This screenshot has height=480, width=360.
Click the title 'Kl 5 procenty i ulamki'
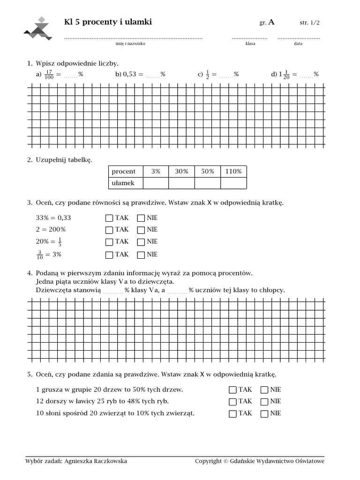pos(108,22)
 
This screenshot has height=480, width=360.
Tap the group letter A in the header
pos(271,22)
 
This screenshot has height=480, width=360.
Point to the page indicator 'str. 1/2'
pos(310,22)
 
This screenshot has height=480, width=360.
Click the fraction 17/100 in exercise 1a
pos(49,75)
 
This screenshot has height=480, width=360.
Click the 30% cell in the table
pos(181,172)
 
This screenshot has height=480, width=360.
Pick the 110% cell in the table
pos(233,172)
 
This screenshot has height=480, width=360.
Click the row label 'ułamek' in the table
pos(123,183)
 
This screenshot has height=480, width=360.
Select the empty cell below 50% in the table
pos(208,183)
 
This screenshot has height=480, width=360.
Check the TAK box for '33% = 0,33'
pos(109,218)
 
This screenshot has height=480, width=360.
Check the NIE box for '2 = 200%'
pos(141,230)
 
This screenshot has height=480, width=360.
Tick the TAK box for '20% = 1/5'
pos(109,242)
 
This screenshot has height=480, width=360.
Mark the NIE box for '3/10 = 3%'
pos(141,255)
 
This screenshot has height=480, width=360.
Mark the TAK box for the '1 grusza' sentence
pos(232,390)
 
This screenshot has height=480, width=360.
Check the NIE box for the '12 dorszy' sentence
pos(264,402)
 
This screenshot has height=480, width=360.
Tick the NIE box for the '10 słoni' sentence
pos(264,413)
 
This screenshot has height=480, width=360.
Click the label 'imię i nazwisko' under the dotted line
pos(130,44)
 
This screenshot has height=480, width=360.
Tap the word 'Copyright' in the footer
pos(208,461)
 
